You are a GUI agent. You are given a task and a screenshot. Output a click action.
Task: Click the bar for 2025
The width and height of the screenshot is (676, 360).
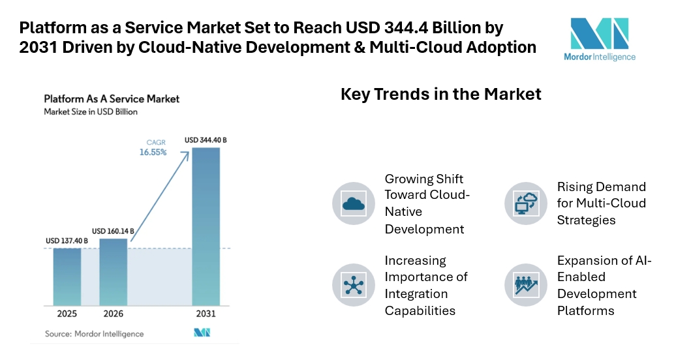pos(67,277)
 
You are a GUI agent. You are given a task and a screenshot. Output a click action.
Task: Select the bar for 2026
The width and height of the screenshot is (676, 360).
pos(114,271)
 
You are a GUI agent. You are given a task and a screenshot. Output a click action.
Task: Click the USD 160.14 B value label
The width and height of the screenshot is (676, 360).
pos(114,231)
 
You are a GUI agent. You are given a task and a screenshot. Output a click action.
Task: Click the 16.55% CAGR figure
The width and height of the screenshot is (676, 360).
pos(152,153)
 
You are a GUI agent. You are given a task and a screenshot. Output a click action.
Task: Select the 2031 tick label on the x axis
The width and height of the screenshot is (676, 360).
pos(206,314)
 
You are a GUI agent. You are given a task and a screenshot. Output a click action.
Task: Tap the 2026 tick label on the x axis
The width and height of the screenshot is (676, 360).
pos(114,314)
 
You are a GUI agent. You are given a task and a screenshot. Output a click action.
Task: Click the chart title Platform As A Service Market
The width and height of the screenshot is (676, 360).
pos(112,99)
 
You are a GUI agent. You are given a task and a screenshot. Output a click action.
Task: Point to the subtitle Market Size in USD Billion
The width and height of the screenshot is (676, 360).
pos(91,112)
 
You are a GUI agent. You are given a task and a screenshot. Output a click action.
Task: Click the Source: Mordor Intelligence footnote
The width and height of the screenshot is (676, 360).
pos(94,334)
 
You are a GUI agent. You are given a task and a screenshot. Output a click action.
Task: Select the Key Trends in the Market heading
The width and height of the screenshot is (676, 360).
pos(441,94)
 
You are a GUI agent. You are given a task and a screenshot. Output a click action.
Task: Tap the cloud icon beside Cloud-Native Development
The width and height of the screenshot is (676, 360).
pos(353,203)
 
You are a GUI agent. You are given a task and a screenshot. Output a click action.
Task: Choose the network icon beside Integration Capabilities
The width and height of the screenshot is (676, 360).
pos(353,284)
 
